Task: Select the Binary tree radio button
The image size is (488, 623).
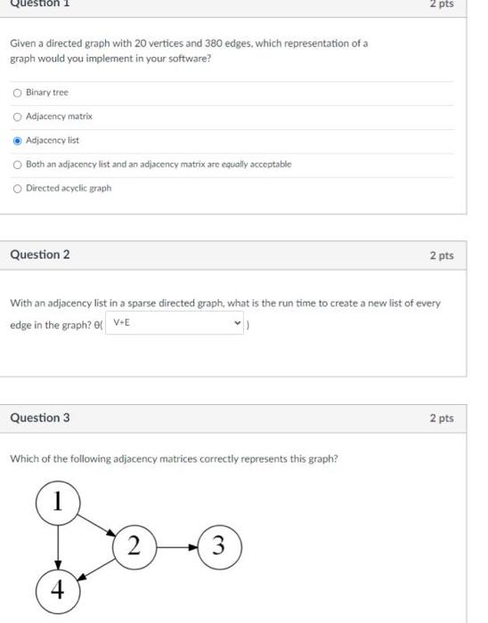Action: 18,93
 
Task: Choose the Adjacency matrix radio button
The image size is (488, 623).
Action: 18,117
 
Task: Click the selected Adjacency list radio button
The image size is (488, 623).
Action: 18,141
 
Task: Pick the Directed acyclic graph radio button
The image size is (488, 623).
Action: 18,189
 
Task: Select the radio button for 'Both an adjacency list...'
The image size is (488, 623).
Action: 18,165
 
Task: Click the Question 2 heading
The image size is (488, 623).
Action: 39,255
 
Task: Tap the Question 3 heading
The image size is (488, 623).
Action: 39,418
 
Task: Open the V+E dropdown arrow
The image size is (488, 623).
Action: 236,323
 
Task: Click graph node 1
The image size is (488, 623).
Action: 58,502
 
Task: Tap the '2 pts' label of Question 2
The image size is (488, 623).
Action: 441,256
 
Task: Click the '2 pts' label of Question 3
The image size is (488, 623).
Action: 441,418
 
